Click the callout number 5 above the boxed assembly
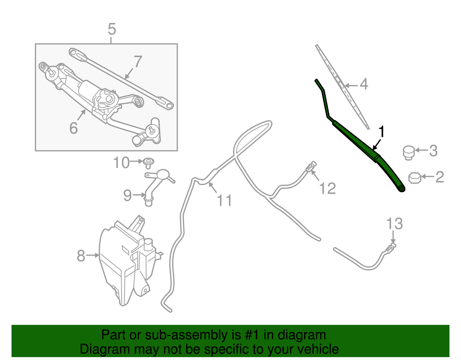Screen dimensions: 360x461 point(111,30)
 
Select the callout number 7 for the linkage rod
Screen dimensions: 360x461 point(138,62)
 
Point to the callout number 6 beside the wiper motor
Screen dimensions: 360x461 point(73,128)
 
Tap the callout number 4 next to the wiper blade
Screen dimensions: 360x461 point(364,85)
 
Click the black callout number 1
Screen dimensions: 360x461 point(382,131)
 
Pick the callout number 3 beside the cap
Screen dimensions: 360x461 point(433,151)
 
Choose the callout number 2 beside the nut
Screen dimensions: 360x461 point(439,177)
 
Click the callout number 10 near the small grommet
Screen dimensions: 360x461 point(121,163)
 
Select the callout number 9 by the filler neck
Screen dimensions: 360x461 point(127,195)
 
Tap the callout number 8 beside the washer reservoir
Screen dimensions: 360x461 point(81,256)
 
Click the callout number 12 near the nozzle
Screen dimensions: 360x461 point(328,188)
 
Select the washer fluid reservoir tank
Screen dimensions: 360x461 point(125,264)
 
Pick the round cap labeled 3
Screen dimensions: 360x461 point(408,152)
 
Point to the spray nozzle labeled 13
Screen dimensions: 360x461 point(391,248)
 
